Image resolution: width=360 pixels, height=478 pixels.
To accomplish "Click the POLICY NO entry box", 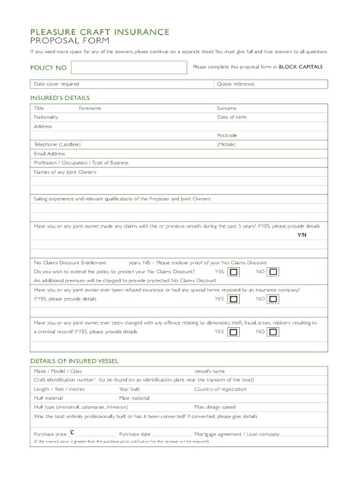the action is point(127,68).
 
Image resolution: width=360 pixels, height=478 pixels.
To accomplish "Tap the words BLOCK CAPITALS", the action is point(302,67).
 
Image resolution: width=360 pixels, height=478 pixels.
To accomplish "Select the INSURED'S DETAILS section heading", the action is point(59,98).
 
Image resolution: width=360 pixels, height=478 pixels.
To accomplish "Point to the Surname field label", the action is point(227,108).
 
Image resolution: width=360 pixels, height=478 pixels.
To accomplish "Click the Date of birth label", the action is point(232,117).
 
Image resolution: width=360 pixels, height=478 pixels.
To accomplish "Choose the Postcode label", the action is point(227,135).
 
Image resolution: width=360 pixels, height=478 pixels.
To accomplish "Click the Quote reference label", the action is point(235,83).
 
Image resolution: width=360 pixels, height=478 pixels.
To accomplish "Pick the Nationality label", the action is point(46,117).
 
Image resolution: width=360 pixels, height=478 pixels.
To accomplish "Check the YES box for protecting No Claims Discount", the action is point(234,271).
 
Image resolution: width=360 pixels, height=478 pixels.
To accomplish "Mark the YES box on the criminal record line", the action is point(234,332).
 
